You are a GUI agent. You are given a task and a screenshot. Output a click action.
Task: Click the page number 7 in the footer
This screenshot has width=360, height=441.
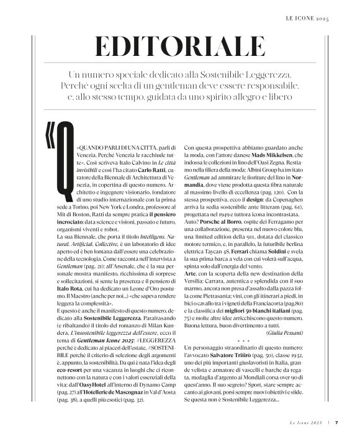click(x=336, y=423)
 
